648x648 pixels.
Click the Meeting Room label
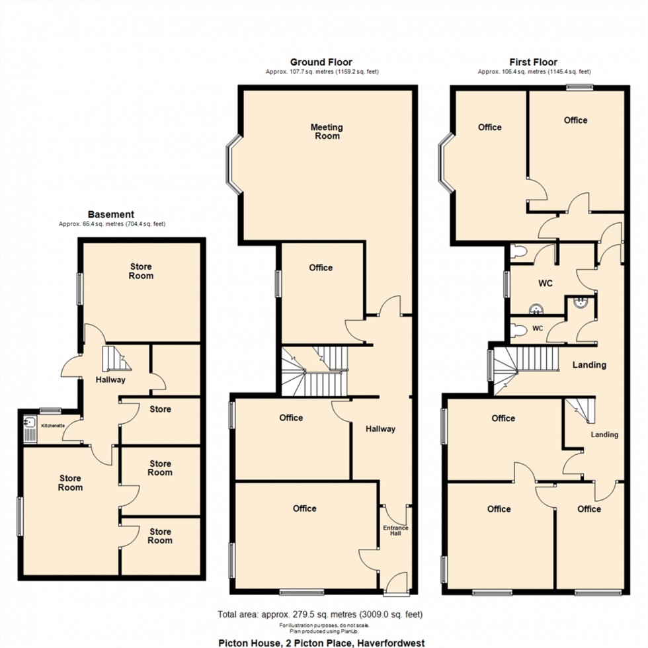(327, 132)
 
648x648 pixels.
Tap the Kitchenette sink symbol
(29, 422)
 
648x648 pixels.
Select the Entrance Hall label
(396, 532)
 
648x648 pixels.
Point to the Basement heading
(111, 214)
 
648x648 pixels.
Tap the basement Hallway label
(110, 380)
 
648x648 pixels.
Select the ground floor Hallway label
(380, 429)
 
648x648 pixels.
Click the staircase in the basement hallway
(114, 358)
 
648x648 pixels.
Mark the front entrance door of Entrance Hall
(397, 582)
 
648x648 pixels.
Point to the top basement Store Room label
(141, 271)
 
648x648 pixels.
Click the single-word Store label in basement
(160, 409)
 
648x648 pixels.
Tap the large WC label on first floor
(545, 284)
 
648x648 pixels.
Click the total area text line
(320, 614)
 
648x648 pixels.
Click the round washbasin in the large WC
(537, 309)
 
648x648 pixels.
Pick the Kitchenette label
(53, 426)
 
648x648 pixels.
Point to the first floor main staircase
(522, 368)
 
